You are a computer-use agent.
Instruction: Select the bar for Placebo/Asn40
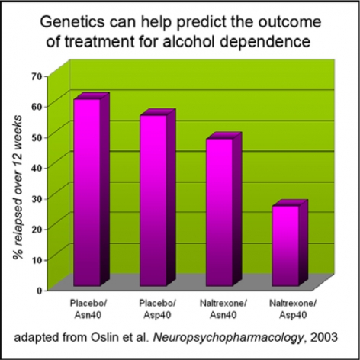[92, 189]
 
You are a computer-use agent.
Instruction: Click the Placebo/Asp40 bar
[158, 198]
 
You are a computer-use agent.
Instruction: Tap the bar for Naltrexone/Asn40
[223, 209]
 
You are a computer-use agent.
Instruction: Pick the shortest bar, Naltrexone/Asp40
[290, 243]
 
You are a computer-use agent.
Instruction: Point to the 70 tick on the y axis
[37, 77]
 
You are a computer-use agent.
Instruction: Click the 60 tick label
[37, 106]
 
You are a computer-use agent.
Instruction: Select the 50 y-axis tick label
[37, 137]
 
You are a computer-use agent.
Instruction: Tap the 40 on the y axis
[37, 168]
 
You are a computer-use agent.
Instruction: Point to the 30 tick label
[37, 198]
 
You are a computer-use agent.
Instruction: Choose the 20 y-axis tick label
[37, 229]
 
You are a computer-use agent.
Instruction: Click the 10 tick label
[37, 260]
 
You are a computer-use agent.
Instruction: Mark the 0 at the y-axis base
[39, 291]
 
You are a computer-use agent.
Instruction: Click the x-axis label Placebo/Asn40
[88, 309]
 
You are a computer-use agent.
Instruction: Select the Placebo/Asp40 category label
[157, 309]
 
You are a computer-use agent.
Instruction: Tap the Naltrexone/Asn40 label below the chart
[223, 309]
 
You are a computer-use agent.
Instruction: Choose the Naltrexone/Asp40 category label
[293, 309]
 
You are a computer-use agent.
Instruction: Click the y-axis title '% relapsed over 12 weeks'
[18, 187]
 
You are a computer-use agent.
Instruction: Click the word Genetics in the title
[72, 22]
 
